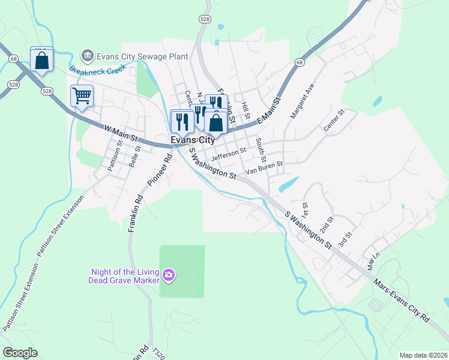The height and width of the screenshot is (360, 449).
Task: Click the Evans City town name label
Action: [x=193, y=140]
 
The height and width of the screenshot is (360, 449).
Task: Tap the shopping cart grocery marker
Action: [x=82, y=95]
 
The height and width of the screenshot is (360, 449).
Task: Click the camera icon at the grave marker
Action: [x=169, y=275]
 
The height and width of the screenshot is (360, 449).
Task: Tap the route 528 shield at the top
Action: [x=205, y=20]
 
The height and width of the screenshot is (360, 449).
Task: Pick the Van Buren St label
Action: [x=267, y=163]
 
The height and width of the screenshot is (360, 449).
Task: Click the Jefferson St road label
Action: [x=229, y=154]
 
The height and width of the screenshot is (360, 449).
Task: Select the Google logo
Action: [x=20, y=353]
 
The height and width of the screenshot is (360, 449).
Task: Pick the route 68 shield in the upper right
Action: [x=300, y=62]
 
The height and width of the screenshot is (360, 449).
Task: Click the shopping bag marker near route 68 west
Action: [x=41, y=60]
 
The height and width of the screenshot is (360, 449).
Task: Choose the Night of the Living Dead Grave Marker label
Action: [x=125, y=275]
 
